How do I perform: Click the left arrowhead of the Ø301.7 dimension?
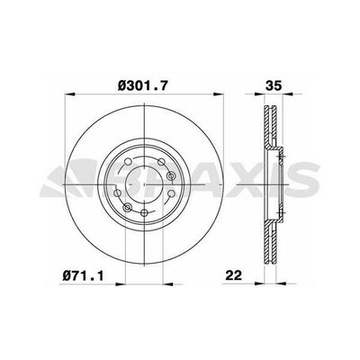point(68,99)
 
